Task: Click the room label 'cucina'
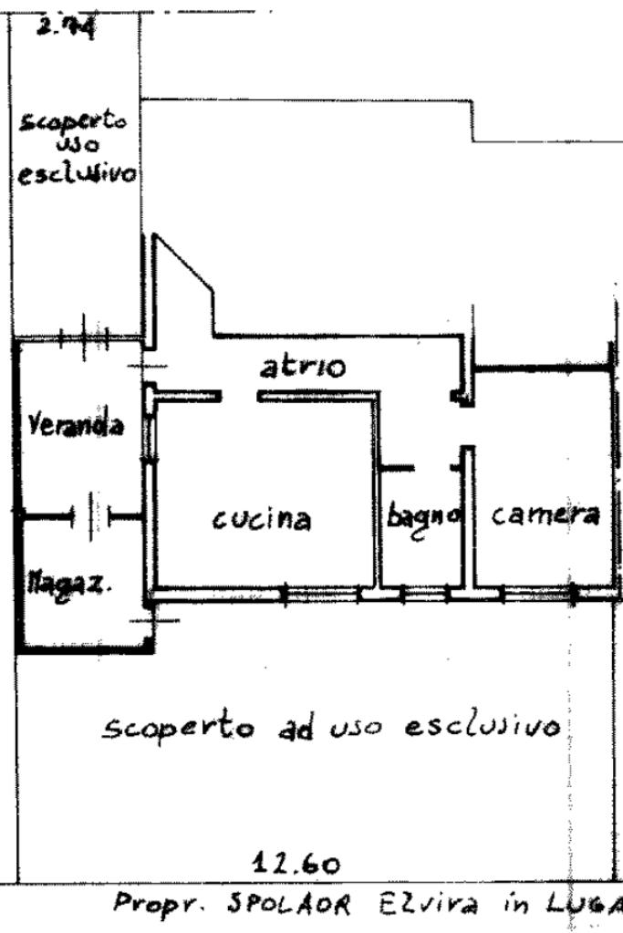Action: [262, 520]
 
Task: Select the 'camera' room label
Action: [545, 515]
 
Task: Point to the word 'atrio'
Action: [303, 368]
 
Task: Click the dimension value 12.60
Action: [298, 863]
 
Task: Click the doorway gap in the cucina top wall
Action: [241, 397]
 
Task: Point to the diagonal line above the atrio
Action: [185, 264]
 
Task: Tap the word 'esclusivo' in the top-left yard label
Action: [76, 171]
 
